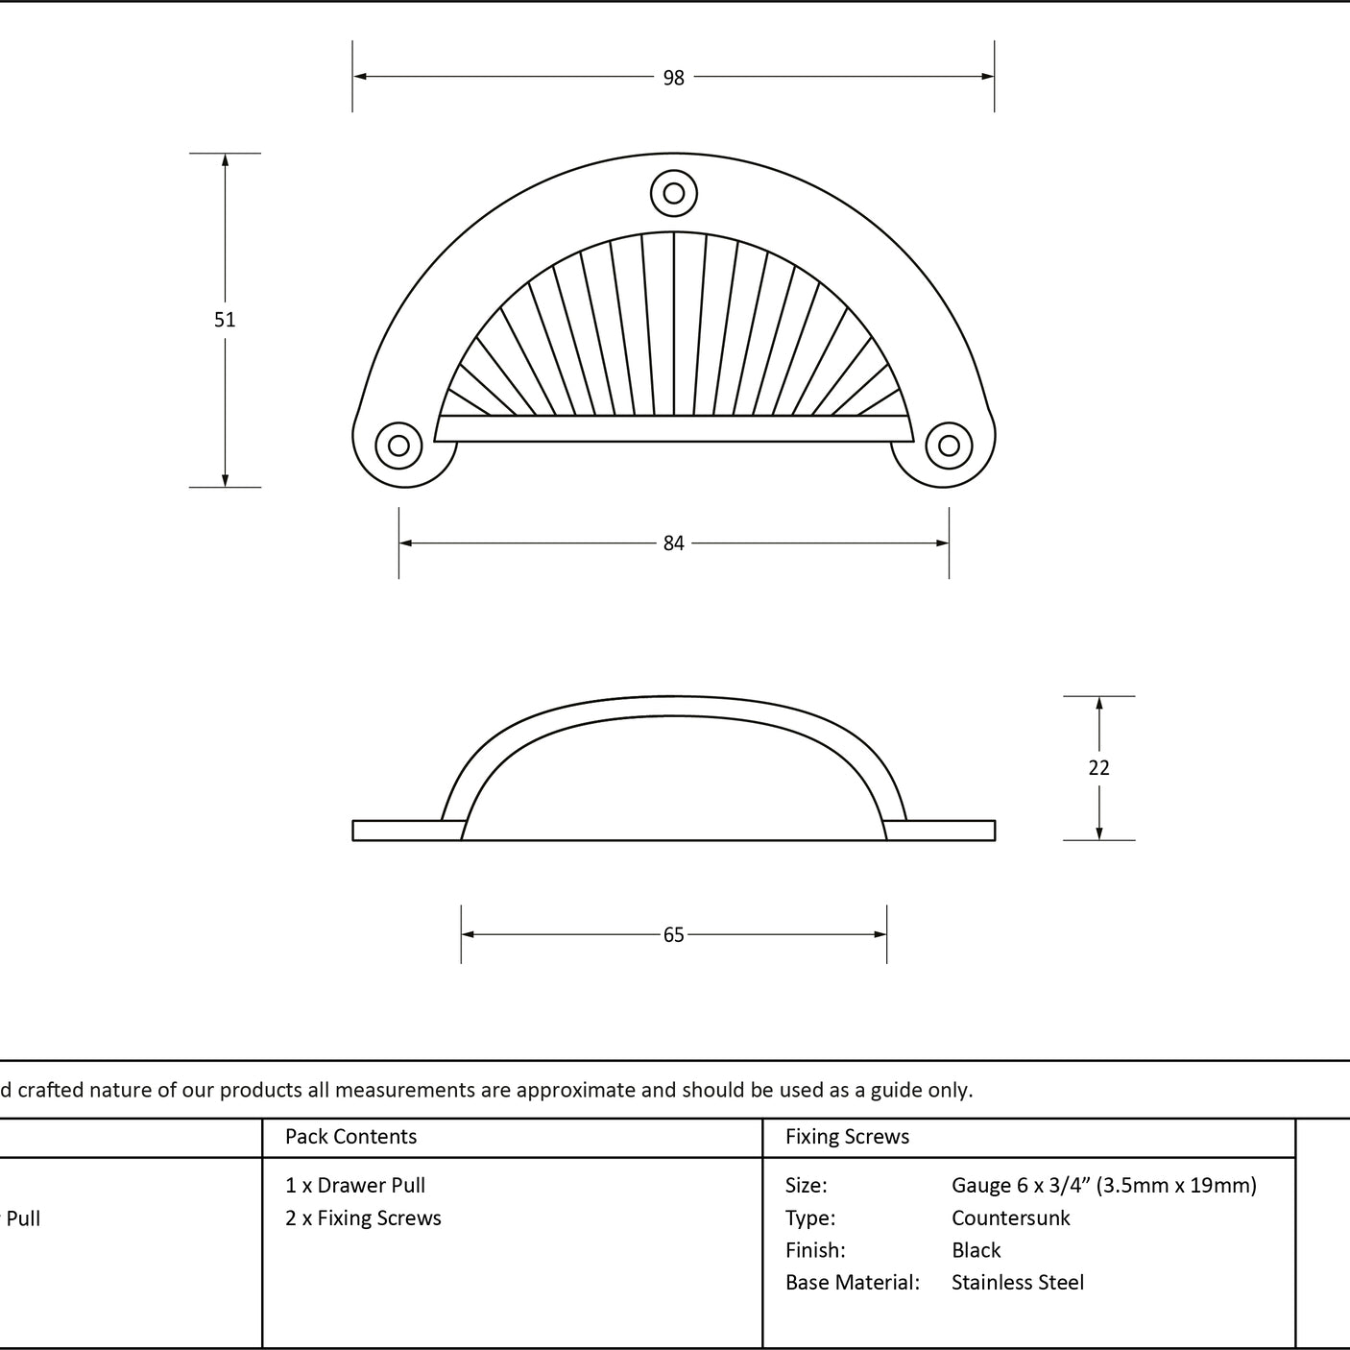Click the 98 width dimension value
click(673, 78)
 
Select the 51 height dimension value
click(224, 320)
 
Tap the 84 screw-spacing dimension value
click(673, 542)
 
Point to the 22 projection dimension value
click(1098, 768)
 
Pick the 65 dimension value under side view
click(673, 934)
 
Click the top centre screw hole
click(673, 193)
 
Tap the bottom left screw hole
click(398, 445)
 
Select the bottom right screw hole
click(949, 445)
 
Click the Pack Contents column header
click(350, 1136)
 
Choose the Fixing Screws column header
click(847, 1136)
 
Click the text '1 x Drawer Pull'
click(355, 1185)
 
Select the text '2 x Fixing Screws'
click(363, 1217)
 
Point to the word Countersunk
click(1010, 1217)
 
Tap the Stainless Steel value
click(1017, 1282)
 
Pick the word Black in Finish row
click(976, 1250)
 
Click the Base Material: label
click(852, 1282)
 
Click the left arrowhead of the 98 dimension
click(359, 77)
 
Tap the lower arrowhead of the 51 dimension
click(225, 480)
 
